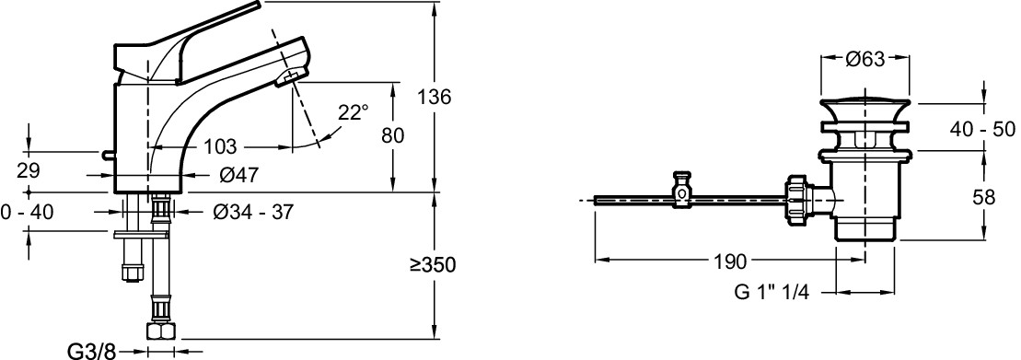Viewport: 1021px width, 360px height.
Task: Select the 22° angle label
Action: click(x=353, y=112)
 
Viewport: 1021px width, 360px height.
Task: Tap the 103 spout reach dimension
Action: click(x=220, y=146)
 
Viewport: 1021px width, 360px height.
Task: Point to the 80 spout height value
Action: click(x=391, y=135)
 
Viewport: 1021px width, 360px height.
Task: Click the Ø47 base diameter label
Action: click(x=239, y=174)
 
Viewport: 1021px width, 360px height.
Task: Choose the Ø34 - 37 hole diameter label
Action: click(x=253, y=212)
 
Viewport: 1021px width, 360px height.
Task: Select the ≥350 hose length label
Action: click(x=433, y=265)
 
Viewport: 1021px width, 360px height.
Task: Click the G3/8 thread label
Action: click(x=91, y=352)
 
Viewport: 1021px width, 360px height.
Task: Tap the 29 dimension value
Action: click(x=27, y=171)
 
